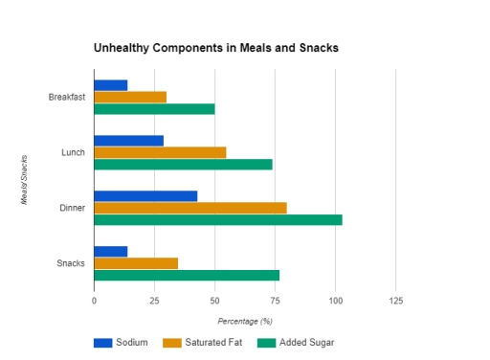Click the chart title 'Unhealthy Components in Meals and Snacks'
215,47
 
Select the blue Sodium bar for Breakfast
111,85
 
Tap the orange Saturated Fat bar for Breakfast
130,97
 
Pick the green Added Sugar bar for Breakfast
154,108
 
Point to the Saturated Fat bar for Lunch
160,152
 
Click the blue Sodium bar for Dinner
145,196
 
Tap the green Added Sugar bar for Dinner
218,219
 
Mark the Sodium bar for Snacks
111,252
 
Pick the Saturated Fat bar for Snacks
136,263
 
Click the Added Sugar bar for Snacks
187,275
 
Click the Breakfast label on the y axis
67,97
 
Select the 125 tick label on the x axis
396,301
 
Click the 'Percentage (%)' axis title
245,321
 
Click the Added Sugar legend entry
297,342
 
